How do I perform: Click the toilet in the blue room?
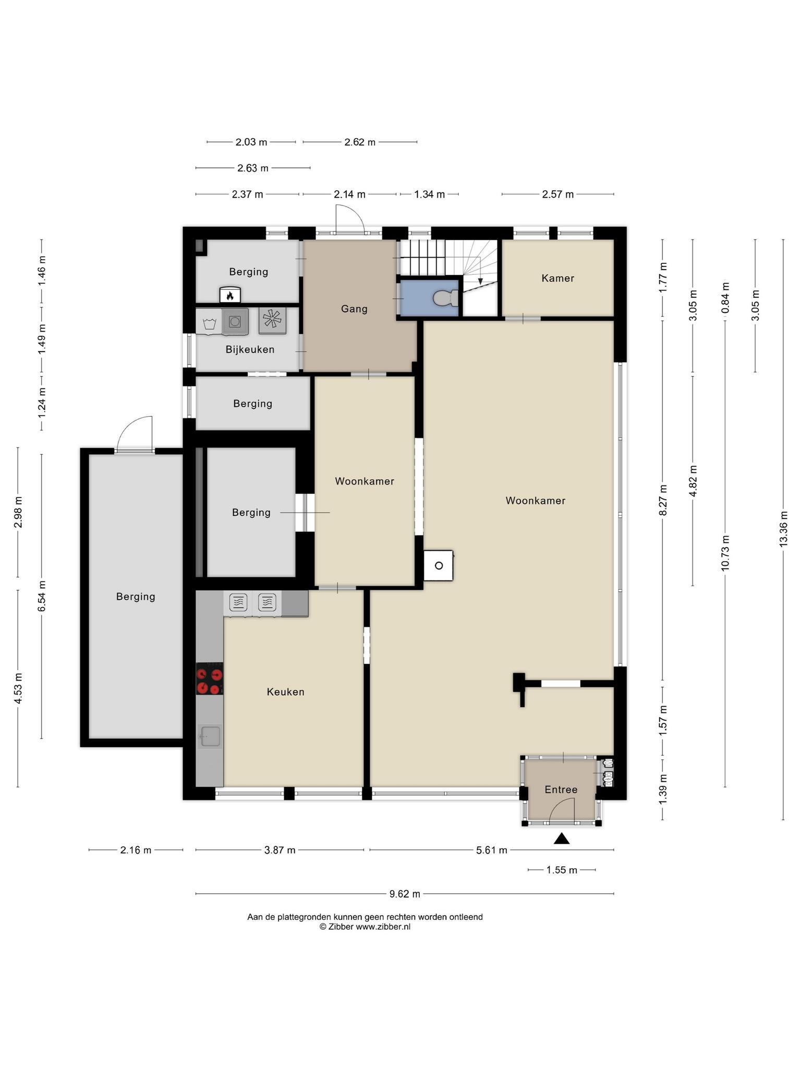(445, 298)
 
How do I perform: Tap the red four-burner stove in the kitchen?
(210, 678)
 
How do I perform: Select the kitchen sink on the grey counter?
(210, 736)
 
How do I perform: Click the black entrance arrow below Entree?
(561, 839)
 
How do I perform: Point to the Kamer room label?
(557, 278)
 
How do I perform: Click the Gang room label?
(354, 309)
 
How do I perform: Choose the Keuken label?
(285, 692)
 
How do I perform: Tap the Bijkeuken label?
(250, 349)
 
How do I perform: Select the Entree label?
(561, 790)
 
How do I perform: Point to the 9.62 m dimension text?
(405, 894)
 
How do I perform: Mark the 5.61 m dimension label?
(492, 850)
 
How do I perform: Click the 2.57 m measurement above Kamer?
(557, 195)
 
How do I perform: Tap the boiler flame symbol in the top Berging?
(230, 295)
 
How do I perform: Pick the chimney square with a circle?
(438, 565)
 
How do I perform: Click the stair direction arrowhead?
(480, 282)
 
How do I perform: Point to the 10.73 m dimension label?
(725, 553)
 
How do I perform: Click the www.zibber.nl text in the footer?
(383, 927)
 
